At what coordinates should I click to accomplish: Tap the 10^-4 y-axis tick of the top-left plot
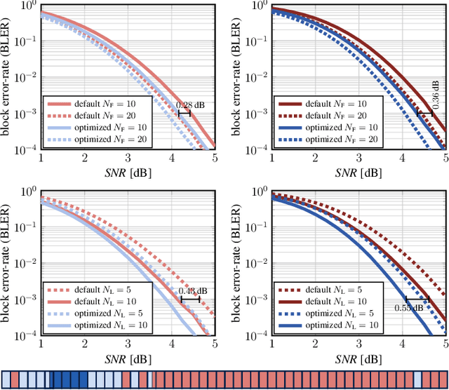point(26,149)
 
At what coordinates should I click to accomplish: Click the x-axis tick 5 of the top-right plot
point(445,159)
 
